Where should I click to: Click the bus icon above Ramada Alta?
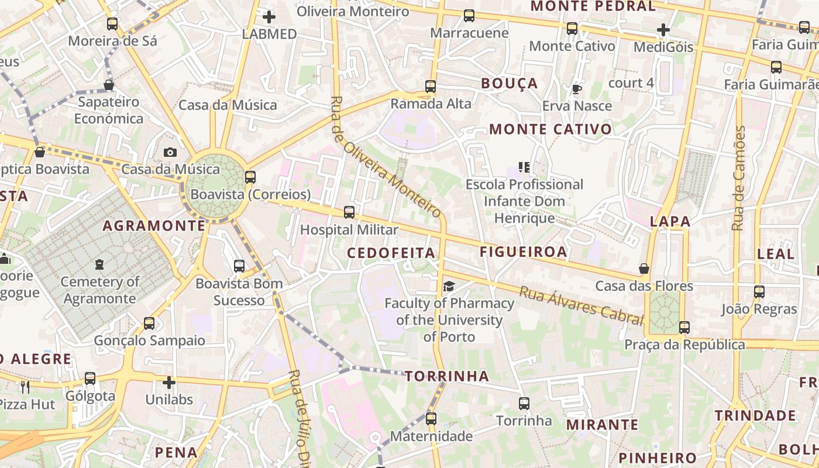click(431, 87)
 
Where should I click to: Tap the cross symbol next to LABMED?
click(269, 17)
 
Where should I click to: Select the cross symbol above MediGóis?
click(663, 30)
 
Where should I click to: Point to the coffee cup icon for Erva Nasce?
click(576, 89)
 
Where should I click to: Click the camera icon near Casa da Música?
click(170, 153)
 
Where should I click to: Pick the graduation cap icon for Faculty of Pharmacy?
click(449, 286)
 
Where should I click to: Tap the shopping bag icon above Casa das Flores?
click(644, 269)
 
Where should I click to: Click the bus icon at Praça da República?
click(684, 328)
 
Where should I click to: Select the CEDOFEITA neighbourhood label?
click(391, 253)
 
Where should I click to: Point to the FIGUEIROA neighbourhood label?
click(524, 252)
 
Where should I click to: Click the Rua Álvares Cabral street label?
click(581, 305)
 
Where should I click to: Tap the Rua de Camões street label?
click(739, 178)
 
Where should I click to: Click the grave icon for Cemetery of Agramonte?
click(99, 264)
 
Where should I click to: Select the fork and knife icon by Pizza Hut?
click(25, 387)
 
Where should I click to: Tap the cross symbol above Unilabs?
click(169, 383)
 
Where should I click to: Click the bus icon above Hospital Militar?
click(349, 212)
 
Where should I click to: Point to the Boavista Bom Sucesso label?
click(239, 292)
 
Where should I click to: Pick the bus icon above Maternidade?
click(431, 419)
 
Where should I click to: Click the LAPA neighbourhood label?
click(670, 222)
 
